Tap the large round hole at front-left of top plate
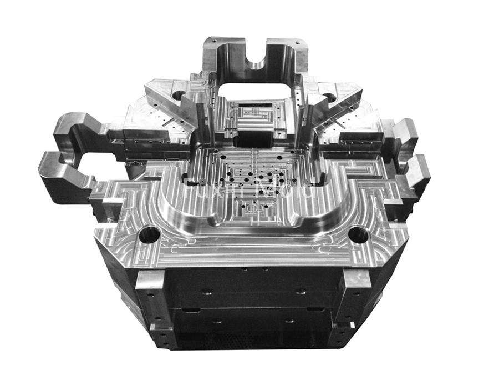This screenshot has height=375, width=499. tap(148, 237)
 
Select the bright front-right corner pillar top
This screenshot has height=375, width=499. tap(353, 281)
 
